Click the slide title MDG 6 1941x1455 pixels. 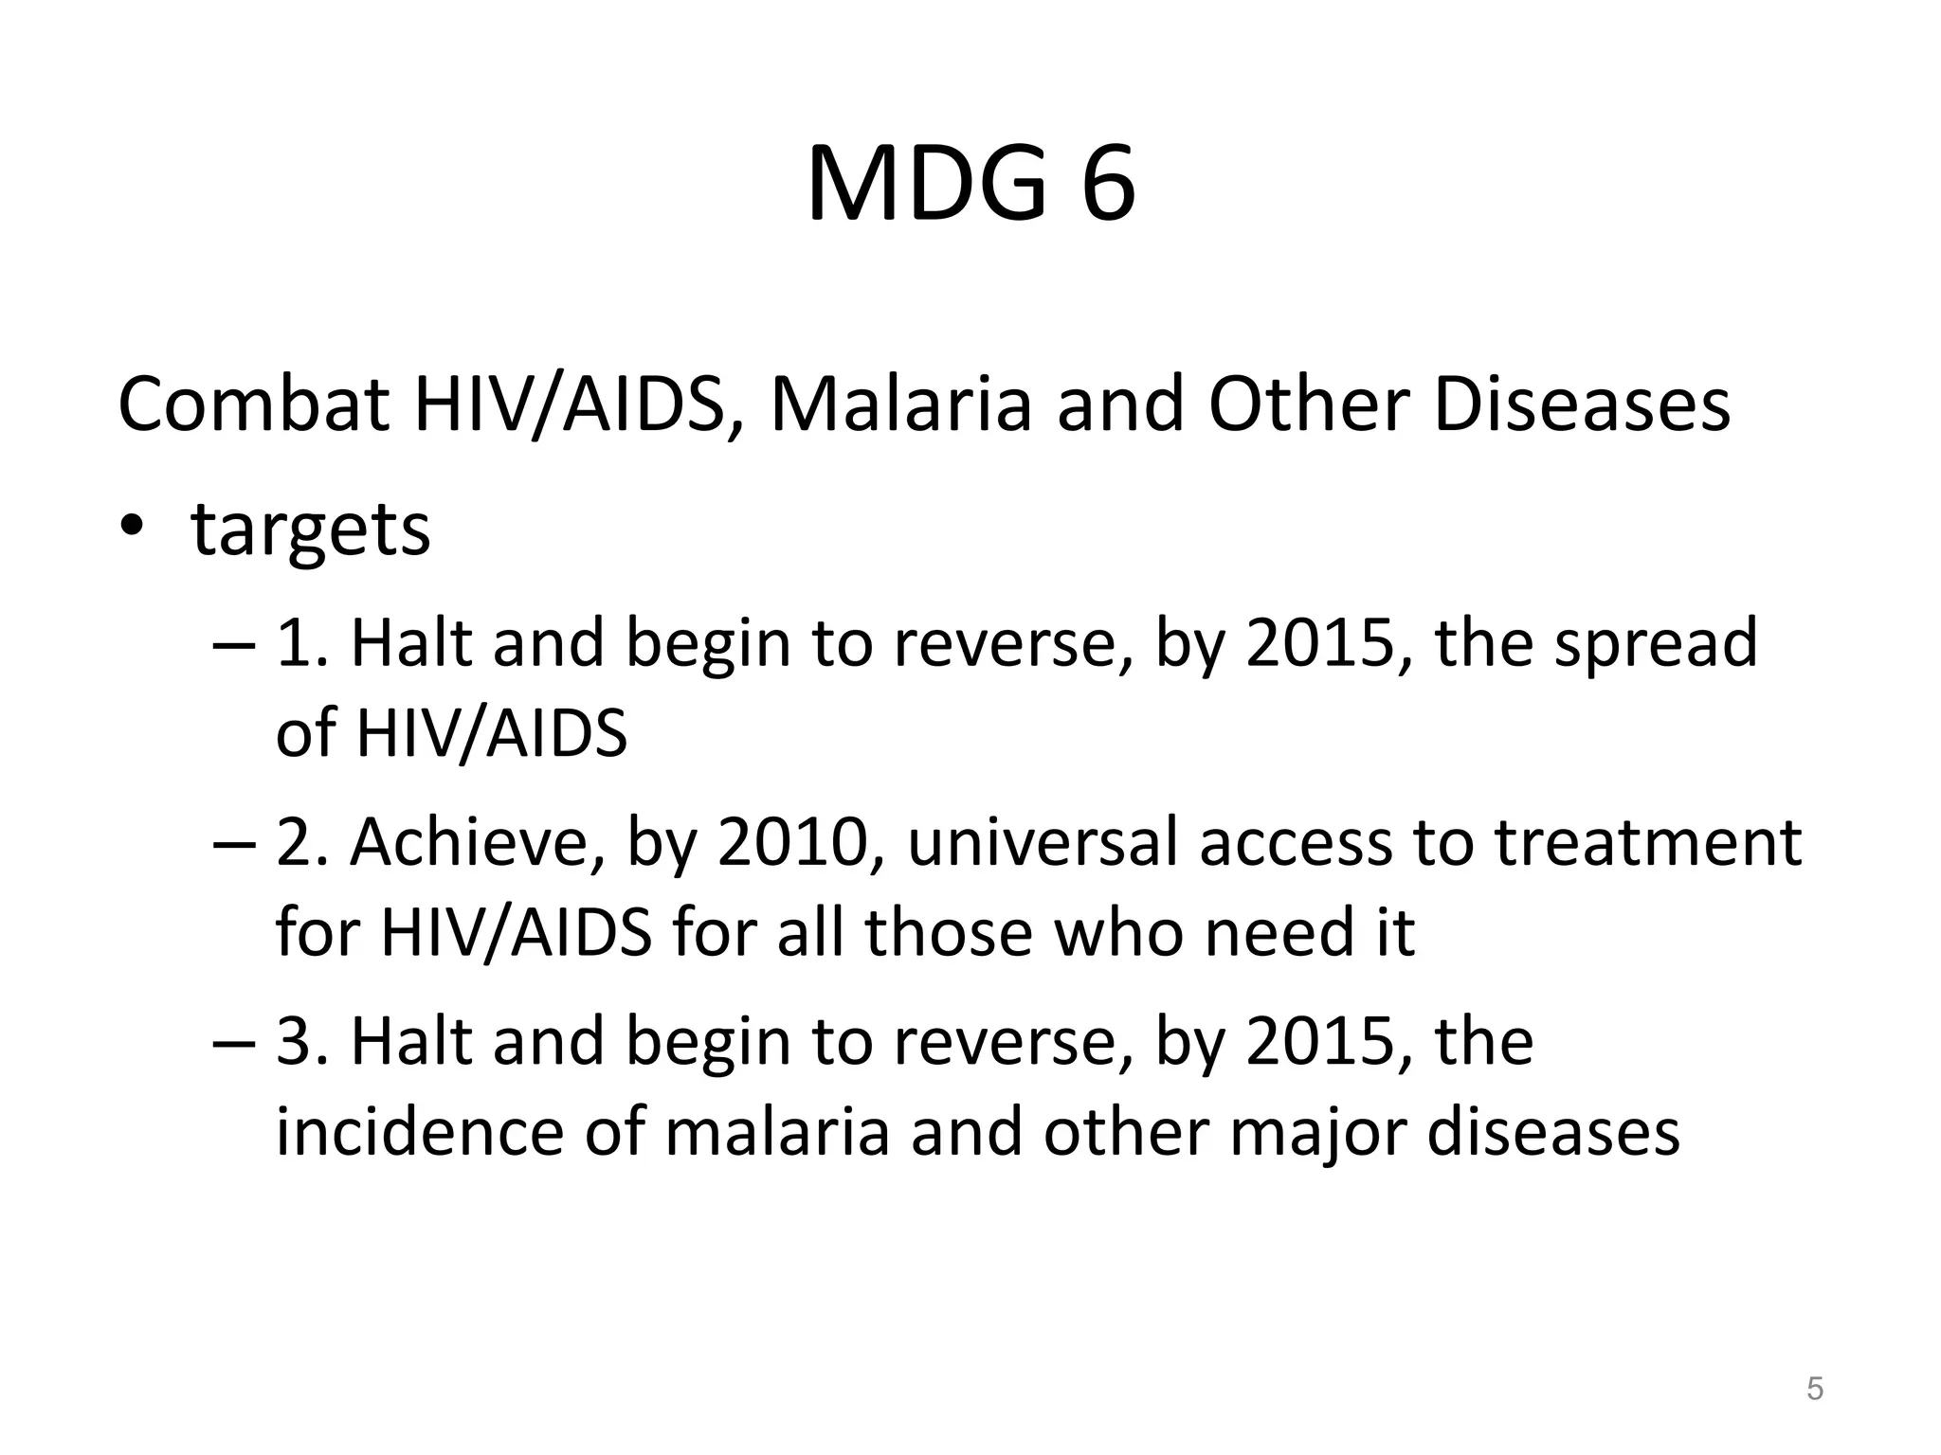coord(970,186)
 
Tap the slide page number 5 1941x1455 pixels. coord(1814,1389)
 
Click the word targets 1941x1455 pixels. coord(311,530)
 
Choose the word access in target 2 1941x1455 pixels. coord(1296,842)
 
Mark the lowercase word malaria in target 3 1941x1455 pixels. coord(777,1131)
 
